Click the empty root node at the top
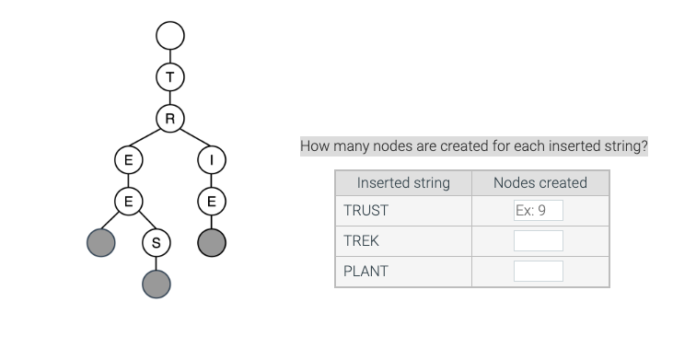tap(170, 36)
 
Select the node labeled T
tap(170, 77)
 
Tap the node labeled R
tap(170, 118)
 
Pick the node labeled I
tap(212, 159)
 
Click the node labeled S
tap(156, 243)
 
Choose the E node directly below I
tap(212, 201)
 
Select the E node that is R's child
tap(128, 159)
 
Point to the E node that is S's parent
tap(128, 201)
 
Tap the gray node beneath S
tap(156, 285)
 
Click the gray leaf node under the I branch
tap(212, 242)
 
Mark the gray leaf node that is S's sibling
tap(100, 243)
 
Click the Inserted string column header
tap(403, 182)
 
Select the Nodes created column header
tap(539, 182)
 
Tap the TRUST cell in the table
tap(365, 211)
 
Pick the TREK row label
tap(361, 241)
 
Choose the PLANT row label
tap(365, 272)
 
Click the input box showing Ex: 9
tap(538, 211)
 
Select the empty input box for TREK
tap(538, 241)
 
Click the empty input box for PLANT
tap(538, 272)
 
